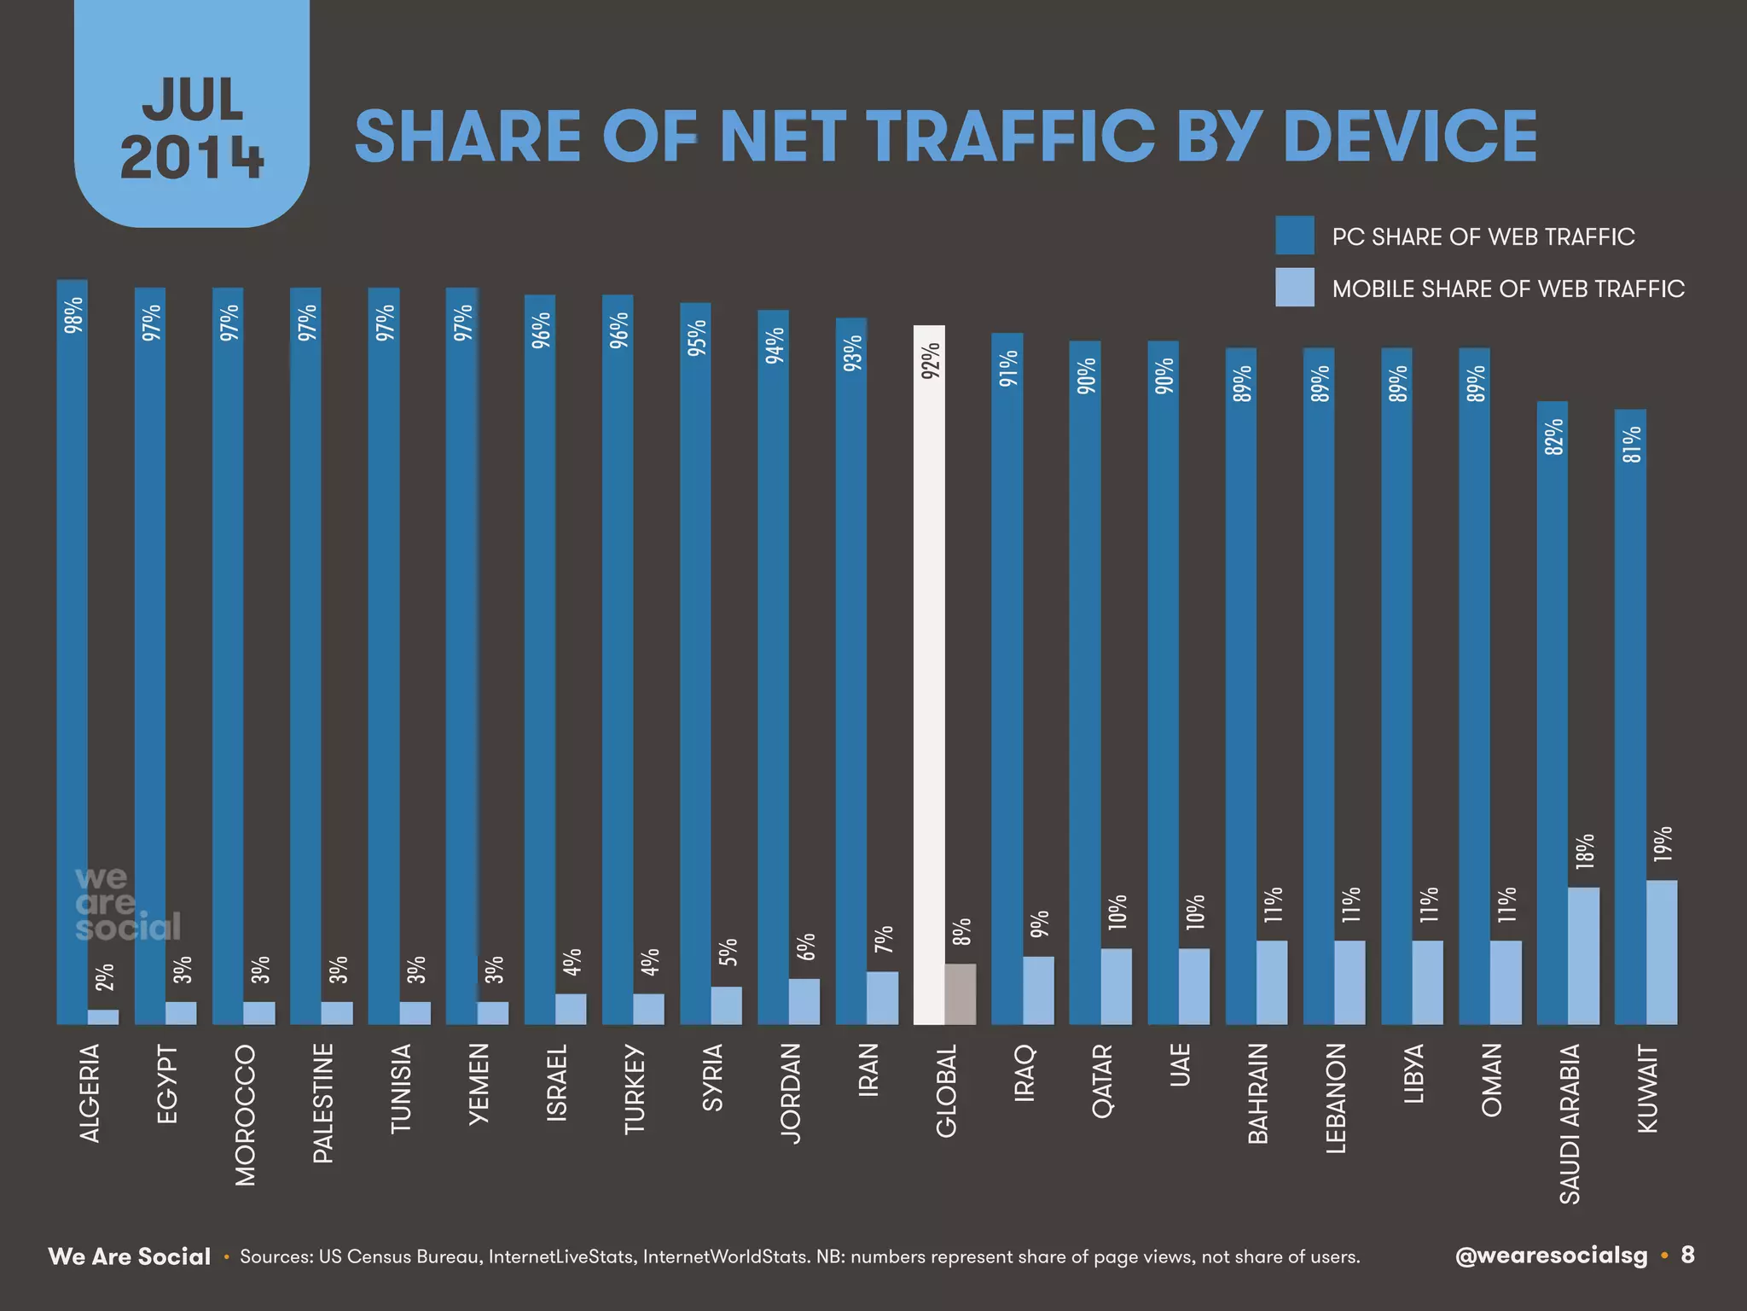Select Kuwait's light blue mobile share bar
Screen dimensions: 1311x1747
[1661, 952]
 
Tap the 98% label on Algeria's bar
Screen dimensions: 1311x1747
[73, 314]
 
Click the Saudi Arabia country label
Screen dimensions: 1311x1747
[1570, 1123]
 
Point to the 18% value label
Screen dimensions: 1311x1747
[1584, 851]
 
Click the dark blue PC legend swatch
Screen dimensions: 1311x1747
[1294, 236]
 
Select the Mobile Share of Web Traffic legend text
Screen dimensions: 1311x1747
[1507, 288]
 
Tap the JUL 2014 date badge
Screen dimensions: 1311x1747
[192, 128]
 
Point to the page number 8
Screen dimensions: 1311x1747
[1687, 1255]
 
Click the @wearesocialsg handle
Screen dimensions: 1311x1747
[1551, 1256]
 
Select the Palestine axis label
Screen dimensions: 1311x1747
[322, 1103]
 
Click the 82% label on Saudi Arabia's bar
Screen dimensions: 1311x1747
[1554, 436]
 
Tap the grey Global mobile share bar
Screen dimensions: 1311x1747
[960, 993]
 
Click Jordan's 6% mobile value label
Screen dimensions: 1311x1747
[806, 947]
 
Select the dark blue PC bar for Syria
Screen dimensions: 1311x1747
[694, 666]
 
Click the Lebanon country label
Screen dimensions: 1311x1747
[1335, 1098]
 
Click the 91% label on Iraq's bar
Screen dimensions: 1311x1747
[1008, 368]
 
